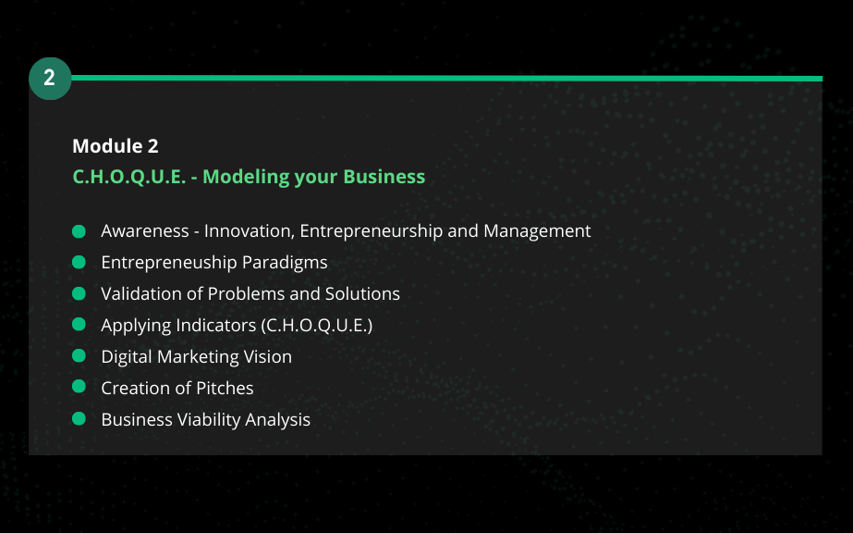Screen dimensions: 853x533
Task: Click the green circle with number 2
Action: [x=50, y=79]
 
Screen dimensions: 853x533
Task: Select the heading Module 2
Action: [x=116, y=146]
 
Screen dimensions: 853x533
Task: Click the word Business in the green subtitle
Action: [x=384, y=177]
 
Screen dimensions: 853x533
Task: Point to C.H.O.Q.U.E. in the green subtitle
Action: [x=129, y=177]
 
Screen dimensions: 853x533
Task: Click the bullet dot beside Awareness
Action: [x=79, y=231]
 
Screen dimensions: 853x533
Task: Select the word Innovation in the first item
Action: [x=250, y=230]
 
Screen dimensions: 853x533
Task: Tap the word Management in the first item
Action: [x=537, y=231]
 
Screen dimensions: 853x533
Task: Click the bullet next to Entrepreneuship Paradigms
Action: [x=79, y=263]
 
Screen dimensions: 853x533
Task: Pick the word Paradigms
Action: [x=285, y=263]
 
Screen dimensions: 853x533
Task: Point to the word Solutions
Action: [x=362, y=293]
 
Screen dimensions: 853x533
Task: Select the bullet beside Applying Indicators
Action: [x=79, y=325]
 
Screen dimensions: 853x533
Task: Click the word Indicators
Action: [x=216, y=325]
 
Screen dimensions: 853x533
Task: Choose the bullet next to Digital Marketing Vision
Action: [x=79, y=356]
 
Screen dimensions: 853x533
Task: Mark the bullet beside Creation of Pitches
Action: [x=79, y=387]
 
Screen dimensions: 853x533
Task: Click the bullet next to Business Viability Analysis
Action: [x=79, y=418]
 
